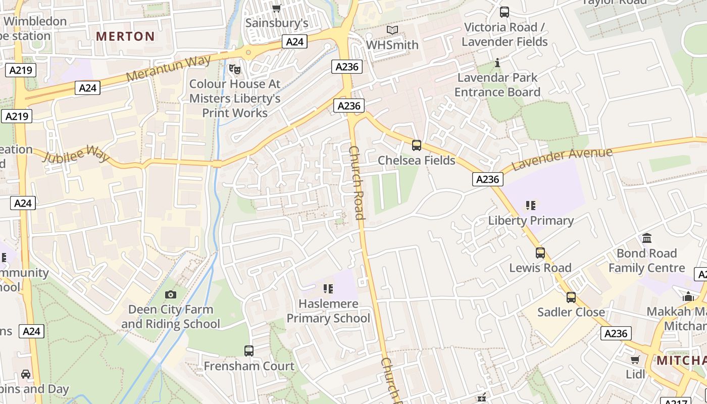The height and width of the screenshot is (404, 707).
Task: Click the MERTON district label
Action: [125, 36]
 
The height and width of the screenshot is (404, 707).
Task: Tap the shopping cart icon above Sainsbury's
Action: [276, 8]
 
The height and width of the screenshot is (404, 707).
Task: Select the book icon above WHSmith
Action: [392, 30]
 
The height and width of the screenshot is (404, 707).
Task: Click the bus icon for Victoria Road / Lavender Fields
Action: [504, 12]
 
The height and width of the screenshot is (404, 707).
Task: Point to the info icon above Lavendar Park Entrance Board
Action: [497, 63]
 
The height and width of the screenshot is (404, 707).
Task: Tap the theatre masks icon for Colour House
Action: [234, 69]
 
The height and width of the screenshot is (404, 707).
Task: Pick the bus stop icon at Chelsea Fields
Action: [417, 145]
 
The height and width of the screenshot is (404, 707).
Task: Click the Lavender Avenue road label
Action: [562, 159]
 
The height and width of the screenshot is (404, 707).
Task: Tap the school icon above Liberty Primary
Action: [530, 206]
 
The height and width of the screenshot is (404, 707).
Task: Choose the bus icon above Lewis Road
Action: [540, 253]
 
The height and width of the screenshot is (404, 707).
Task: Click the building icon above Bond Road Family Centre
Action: [647, 238]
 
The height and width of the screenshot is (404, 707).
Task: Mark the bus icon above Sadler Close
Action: [571, 297]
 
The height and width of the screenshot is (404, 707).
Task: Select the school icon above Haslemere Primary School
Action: [328, 289]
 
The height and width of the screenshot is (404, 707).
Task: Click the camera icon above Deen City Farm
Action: [171, 294]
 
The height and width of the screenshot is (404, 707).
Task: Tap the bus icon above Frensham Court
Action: [248, 350]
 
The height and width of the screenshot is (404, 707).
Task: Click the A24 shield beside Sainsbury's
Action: [294, 41]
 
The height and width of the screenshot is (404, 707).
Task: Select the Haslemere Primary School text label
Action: [328, 311]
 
